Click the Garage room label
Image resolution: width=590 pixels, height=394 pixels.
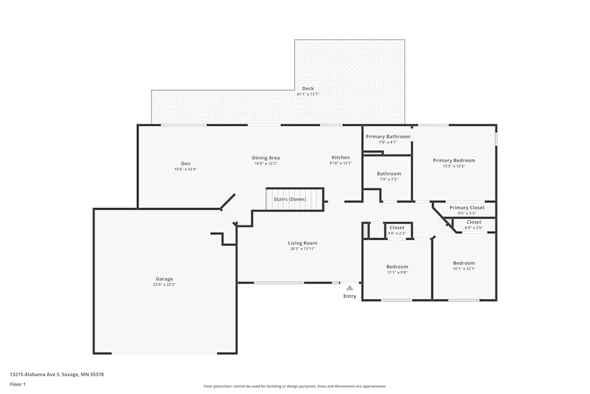164,279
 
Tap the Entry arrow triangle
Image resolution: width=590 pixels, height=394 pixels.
350,288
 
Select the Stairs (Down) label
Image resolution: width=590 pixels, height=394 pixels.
290,199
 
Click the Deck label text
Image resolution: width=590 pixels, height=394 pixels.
308,89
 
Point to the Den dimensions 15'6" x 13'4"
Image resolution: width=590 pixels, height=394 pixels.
185,170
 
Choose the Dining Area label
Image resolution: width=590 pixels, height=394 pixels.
265,158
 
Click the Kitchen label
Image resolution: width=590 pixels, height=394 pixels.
340,157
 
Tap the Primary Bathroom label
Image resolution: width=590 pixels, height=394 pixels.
388,136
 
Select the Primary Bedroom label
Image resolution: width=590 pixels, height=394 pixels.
454,160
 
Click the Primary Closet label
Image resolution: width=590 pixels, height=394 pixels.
467,207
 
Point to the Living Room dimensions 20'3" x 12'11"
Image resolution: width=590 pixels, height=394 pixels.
303,249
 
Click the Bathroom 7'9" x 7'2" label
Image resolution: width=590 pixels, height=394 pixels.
389,174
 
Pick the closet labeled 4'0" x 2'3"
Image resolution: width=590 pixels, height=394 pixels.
397,227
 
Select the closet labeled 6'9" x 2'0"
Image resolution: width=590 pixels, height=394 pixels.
474,222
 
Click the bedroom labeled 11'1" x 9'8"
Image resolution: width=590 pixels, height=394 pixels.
397,266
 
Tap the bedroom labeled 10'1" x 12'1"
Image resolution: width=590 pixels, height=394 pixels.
464,263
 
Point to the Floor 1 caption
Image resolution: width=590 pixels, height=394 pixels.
18,384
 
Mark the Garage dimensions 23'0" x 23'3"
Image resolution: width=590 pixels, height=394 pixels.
164,285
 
